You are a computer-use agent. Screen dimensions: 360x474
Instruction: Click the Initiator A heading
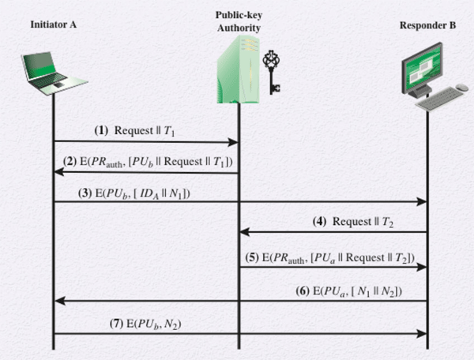click(53, 24)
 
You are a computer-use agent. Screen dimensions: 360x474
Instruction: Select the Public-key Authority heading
click(238, 23)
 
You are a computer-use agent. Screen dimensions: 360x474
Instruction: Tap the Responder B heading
click(427, 24)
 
